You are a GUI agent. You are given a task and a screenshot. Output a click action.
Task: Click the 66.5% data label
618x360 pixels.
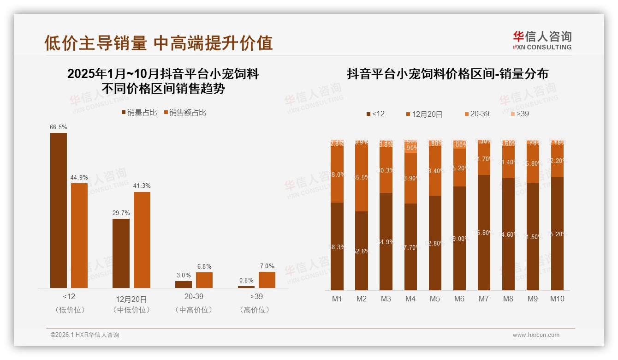(x=58, y=127)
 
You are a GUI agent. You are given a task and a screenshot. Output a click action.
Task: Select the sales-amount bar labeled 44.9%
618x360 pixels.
(x=79, y=235)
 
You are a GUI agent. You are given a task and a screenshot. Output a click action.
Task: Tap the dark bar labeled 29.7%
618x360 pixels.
(x=121, y=253)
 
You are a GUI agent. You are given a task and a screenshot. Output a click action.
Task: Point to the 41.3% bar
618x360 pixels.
(x=142, y=240)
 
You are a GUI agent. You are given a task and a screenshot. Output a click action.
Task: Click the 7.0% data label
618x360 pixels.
(x=267, y=266)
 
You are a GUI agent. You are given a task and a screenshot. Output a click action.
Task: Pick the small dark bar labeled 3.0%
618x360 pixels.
(x=183, y=284)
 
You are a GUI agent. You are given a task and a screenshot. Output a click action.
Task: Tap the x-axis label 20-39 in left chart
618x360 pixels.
(x=194, y=296)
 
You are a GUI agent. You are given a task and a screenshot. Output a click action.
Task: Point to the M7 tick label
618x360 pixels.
(x=483, y=299)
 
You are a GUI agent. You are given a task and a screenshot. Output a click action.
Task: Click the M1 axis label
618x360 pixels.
(x=337, y=299)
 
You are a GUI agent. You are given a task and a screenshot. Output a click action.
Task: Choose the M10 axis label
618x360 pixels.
(x=557, y=299)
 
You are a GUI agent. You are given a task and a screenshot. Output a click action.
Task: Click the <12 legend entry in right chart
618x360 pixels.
(x=375, y=114)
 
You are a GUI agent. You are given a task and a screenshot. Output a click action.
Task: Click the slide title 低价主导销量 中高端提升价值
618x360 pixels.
(x=158, y=43)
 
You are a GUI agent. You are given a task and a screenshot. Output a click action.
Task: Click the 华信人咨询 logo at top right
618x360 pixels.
(x=542, y=40)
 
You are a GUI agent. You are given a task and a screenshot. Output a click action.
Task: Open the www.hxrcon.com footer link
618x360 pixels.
(x=536, y=335)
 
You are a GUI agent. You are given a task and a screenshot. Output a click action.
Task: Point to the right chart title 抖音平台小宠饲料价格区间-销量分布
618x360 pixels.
(x=447, y=74)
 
